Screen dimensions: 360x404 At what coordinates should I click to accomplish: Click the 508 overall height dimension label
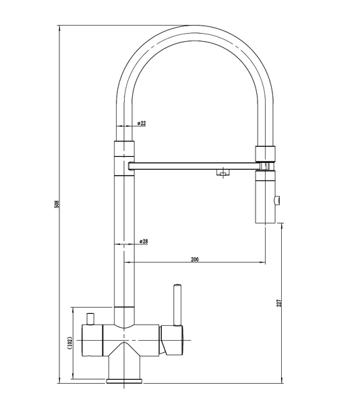pyautogui.click(x=57, y=204)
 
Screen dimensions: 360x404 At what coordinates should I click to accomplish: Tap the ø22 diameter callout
pyautogui.click(x=142, y=123)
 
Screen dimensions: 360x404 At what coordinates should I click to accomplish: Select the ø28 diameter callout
pyautogui.click(x=144, y=242)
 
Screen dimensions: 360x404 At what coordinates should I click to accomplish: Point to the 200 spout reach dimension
pyautogui.click(x=195, y=259)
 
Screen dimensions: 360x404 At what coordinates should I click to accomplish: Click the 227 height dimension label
pyautogui.click(x=279, y=303)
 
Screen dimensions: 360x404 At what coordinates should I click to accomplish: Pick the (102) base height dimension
pyautogui.click(x=69, y=343)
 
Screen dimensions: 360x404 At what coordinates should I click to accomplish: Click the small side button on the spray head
pyautogui.click(x=278, y=200)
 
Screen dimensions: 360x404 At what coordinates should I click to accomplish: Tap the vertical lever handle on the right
pyautogui.click(x=177, y=305)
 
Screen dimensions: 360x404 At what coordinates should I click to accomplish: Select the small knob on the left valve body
pyautogui.click(x=90, y=318)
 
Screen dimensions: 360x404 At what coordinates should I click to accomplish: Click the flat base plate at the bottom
pyautogui.click(x=124, y=381)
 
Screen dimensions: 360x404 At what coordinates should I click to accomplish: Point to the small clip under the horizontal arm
pyautogui.click(x=222, y=172)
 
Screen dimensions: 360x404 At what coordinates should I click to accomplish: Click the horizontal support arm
pyautogui.click(x=193, y=166)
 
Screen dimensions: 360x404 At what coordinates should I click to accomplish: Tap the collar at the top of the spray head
pyautogui.click(x=265, y=154)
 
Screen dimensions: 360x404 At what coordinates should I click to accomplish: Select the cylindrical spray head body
pyautogui.click(x=265, y=197)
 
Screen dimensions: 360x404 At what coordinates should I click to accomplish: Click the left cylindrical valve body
pyautogui.click(x=92, y=341)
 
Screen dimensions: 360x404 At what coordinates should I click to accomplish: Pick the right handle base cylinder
pyautogui.click(x=172, y=340)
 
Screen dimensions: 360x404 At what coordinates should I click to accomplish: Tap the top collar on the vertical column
pyautogui.click(x=124, y=149)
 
